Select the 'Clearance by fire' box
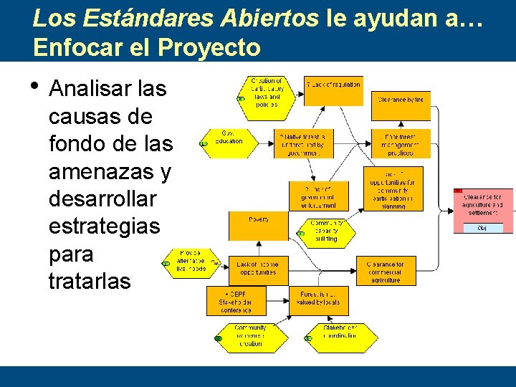click(x=401, y=105)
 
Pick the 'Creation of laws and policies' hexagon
click(x=267, y=97)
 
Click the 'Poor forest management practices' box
click(x=401, y=143)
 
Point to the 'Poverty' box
click(x=258, y=226)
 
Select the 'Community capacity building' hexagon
click(x=327, y=231)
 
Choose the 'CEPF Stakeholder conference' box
click(x=236, y=301)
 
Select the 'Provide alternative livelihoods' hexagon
click(x=191, y=262)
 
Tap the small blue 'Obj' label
click(x=482, y=228)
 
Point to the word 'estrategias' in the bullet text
click(x=105, y=226)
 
